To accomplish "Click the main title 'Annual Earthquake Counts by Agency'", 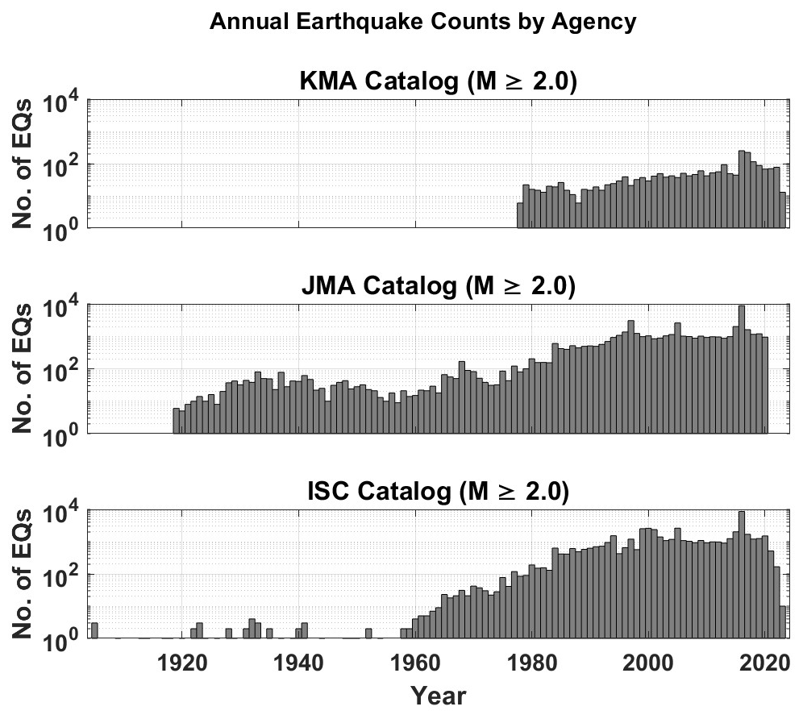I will (422, 23).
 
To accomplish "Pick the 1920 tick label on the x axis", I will (181, 663).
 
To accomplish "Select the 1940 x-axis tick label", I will (299, 663).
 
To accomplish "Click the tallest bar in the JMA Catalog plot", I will (741, 369).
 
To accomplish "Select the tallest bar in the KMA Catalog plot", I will (741, 189).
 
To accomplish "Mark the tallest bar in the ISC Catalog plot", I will (741, 574).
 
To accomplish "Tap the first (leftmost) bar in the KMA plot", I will (520, 215).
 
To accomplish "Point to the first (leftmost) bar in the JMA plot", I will (176, 421).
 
